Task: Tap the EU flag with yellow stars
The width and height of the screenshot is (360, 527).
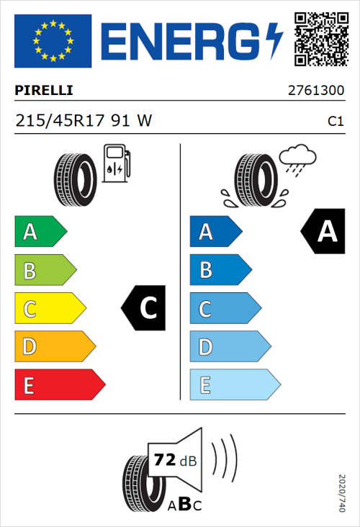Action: tap(53, 41)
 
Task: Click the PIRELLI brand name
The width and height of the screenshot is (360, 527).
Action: tap(44, 91)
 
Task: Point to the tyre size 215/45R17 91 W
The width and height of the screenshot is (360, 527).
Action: tap(83, 121)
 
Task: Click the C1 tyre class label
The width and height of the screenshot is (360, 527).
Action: tap(335, 122)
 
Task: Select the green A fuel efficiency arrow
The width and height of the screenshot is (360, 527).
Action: tap(40, 232)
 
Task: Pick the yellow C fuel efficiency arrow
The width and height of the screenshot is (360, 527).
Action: tap(50, 309)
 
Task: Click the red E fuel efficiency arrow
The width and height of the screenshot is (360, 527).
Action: tap(59, 385)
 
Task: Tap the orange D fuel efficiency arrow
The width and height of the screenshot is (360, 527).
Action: tap(55, 347)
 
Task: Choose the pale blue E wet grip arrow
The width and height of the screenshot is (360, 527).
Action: tap(235, 385)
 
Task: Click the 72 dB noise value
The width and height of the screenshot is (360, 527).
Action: tap(174, 460)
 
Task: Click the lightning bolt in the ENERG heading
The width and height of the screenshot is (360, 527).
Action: tap(275, 41)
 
